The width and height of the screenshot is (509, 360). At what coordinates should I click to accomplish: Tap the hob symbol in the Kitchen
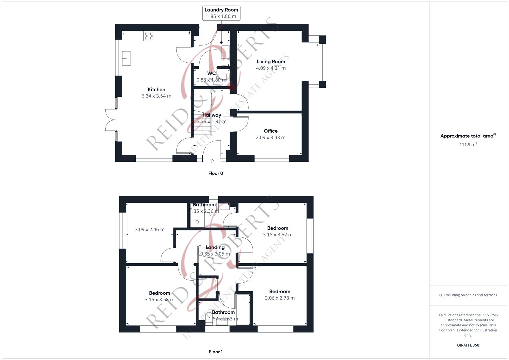[x=149, y=36]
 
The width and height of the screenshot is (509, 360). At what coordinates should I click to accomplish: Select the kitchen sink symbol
[x=126, y=58]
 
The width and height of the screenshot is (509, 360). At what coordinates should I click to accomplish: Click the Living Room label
[x=271, y=62]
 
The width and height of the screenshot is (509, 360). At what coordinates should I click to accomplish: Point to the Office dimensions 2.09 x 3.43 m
[x=270, y=137]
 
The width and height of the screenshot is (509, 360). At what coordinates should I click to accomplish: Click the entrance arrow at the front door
[x=212, y=161]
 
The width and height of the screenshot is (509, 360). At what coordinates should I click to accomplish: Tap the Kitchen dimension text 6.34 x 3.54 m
[x=156, y=96]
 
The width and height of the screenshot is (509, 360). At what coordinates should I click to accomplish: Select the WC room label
[x=211, y=73]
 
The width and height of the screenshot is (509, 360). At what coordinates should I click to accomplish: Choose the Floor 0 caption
[x=216, y=173]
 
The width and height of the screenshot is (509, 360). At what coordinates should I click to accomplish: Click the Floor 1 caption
[x=216, y=352]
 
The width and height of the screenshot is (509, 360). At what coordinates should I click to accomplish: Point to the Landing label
[x=215, y=247]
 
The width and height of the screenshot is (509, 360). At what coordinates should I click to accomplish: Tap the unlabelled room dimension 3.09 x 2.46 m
[x=150, y=229]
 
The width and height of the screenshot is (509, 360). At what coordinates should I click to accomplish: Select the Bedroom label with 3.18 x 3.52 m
[x=277, y=228]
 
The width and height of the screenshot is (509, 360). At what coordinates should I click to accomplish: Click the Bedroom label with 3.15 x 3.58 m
[x=159, y=293]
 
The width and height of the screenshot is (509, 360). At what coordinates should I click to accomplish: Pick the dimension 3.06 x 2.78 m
[x=280, y=298]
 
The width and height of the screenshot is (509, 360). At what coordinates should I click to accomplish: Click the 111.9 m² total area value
[x=468, y=144]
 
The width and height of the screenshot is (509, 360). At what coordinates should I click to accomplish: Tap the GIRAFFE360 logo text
[x=468, y=345]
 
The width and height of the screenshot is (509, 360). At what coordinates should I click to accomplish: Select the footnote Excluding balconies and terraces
[x=468, y=295]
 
